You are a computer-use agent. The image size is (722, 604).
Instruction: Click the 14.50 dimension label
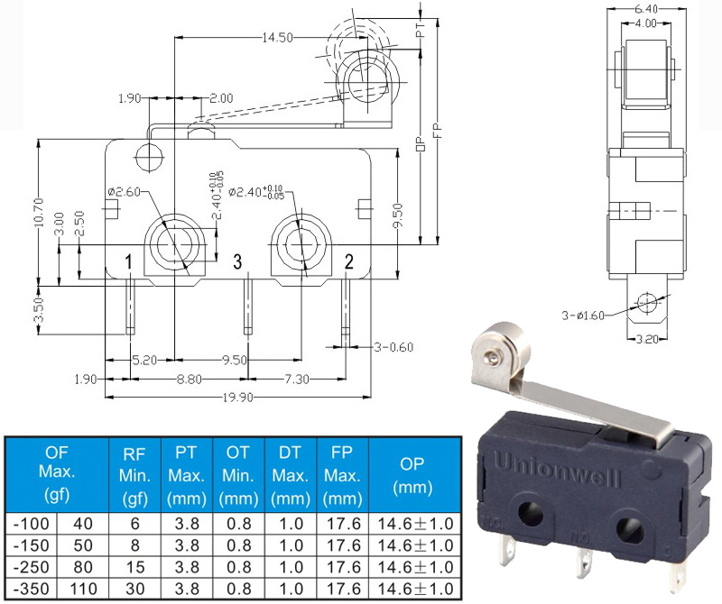[x=278, y=37]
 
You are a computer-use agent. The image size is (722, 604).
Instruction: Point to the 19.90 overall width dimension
[x=238, y=397]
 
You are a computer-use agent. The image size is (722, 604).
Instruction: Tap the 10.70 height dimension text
[x=39, y=212]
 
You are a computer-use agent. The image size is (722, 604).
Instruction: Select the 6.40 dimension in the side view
[x=645, y=9]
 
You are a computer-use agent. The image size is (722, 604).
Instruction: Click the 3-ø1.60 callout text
[x=582, y=316]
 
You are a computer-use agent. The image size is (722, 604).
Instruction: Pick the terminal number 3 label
[x=237, y=261]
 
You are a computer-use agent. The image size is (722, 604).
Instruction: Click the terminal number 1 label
[x=128, y=262]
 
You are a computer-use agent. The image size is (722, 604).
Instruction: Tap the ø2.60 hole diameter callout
[x=124, y=192]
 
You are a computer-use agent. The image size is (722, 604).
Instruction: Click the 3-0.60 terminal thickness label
[x=393, y=347]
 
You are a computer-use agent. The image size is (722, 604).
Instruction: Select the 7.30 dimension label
[x=297, y=379]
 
